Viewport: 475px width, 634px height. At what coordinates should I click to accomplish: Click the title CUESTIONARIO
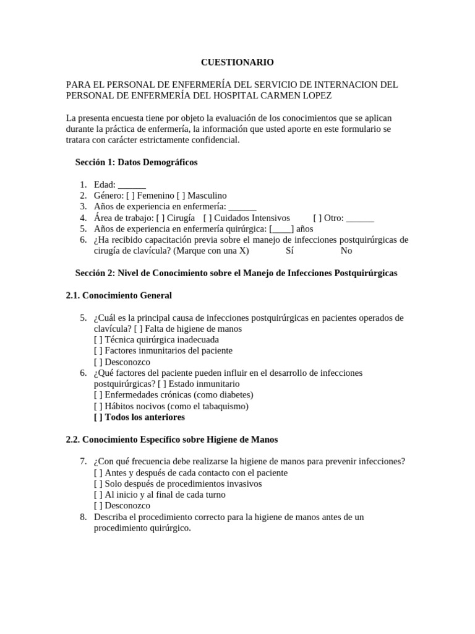(237, 62)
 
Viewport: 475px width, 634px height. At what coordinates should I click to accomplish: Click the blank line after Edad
(131, 185)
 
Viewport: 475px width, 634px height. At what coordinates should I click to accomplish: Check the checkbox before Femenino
(139, 196)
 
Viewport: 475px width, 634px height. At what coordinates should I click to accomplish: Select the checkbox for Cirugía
(160, 218)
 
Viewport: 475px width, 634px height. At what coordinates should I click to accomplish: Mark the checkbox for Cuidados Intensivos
(207, 218)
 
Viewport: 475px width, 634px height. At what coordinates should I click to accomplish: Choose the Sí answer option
(290, 251)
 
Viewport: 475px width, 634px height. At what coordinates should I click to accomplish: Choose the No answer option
(346, 251)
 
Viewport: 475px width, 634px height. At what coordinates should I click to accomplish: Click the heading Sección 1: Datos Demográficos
(137, 162)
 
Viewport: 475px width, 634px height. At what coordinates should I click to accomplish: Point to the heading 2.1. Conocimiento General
(119, 295)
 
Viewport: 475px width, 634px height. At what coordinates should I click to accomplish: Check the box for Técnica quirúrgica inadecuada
(98, 340)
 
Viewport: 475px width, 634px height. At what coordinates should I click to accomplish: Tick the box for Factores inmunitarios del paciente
(98, 351)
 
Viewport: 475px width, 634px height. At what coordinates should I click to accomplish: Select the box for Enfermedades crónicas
(98, 395)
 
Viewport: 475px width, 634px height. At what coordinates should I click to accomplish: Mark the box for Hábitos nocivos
(98, 406)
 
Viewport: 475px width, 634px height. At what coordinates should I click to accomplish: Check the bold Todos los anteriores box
(98, 417)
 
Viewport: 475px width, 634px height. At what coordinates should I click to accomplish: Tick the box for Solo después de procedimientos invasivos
(98, 484)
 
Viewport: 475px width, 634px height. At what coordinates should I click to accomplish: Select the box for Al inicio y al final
(98, 495)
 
